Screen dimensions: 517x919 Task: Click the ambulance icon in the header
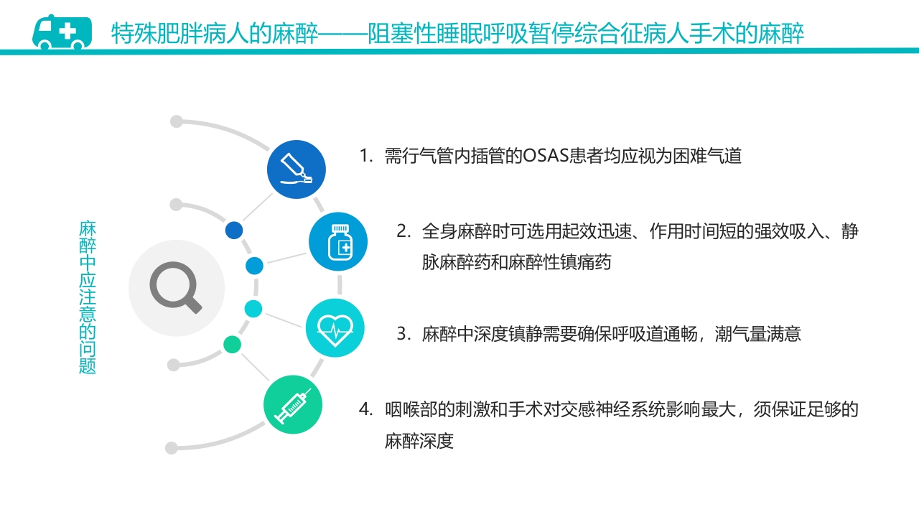coord(62,32)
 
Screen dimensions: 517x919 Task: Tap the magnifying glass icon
coord(176,288)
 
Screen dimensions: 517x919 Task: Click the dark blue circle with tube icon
coord(297,170)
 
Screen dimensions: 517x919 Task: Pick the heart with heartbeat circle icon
coord(335,328)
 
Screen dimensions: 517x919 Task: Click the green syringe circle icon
coord(293,405)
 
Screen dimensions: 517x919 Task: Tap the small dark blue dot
coord(234,230)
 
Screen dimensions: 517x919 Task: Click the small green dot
coord(232,344)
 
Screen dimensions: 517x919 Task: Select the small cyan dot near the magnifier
coord(253,309)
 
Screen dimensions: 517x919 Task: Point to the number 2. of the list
coord(404,232)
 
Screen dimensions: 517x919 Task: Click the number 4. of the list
coord(366,410)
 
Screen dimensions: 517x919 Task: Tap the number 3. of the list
coord(404,334)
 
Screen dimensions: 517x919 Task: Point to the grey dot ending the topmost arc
coord(177,121)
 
